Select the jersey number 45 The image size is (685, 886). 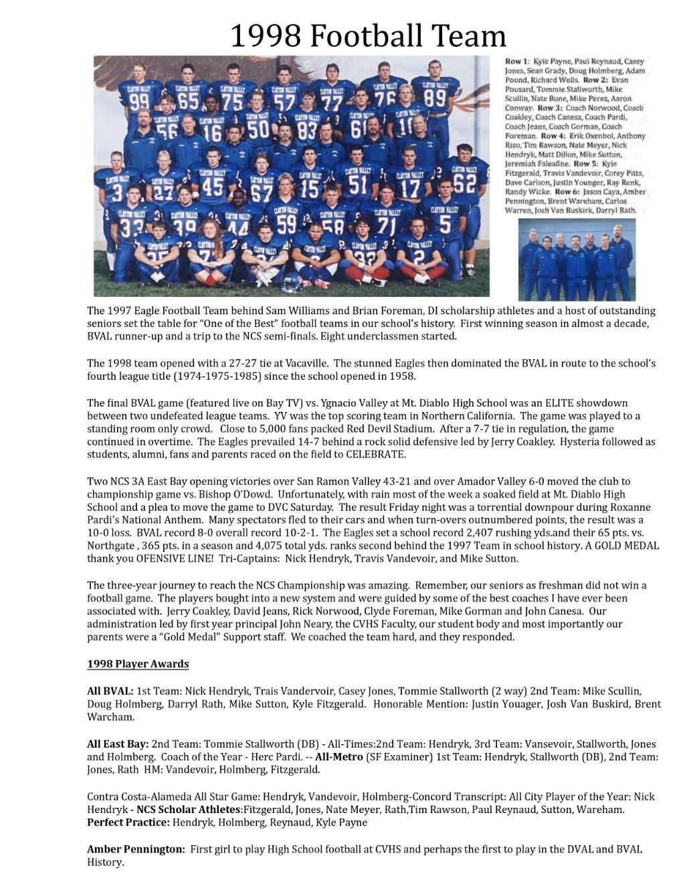click(x=212, y=186)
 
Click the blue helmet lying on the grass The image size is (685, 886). click(x=292, y=284)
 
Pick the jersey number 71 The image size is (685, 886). click(x=386, y=225)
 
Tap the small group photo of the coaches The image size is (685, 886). click(x=577, y=259)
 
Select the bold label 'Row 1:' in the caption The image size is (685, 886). click(x=517, y=62)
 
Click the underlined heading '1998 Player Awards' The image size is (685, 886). click(x=138, y=664)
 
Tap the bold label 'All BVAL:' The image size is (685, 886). click(x=110, y=691)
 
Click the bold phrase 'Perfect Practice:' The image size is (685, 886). click(x=128, y=822)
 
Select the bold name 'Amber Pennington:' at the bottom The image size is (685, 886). click(x=136, y=849)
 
